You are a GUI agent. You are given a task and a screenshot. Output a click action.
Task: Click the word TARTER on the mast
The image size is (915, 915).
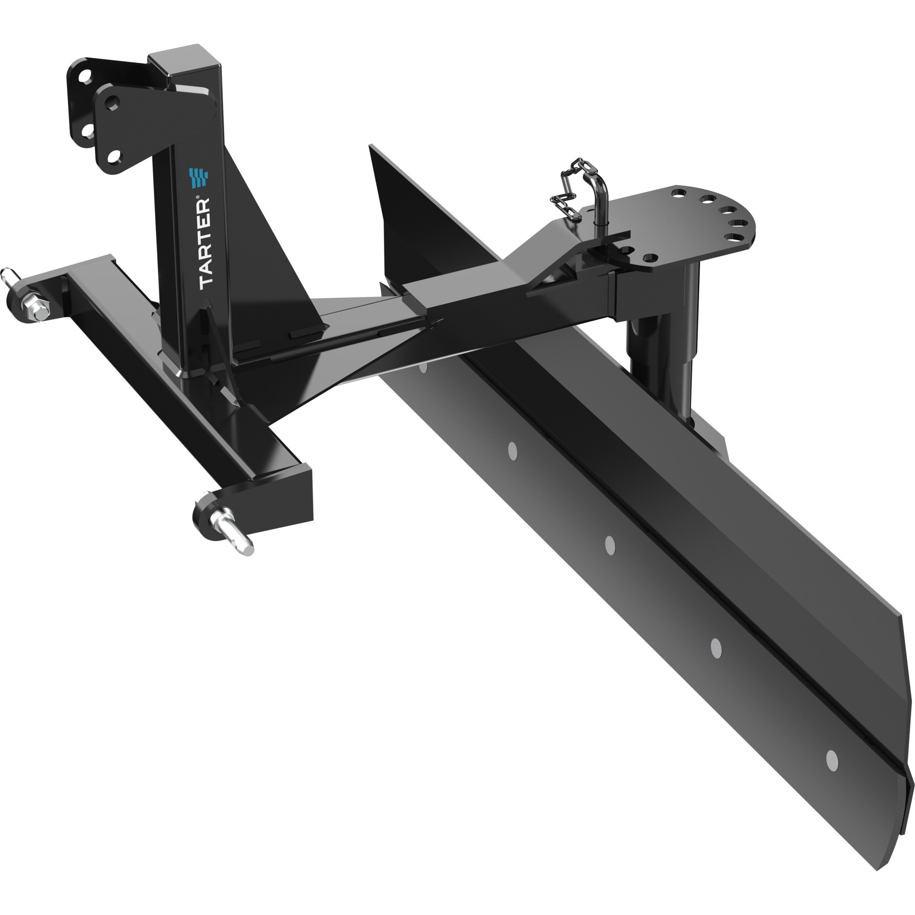pyautogui.click(x=205, y=244)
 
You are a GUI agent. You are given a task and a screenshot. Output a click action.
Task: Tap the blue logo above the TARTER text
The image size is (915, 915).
pyautogui.click(x=199, y=179)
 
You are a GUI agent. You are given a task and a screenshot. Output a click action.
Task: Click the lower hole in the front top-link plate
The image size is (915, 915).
pyautogui.click(x=113, y=156)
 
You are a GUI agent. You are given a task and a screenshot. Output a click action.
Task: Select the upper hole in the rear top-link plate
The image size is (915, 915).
pyautogui.click(x=85, y=76)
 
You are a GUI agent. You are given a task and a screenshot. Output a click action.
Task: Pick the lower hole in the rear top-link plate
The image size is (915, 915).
pyautogui.click(x=86, y=129)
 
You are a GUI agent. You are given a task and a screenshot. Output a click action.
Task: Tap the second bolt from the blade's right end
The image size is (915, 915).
pyautogui.click(x=716, y=648)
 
